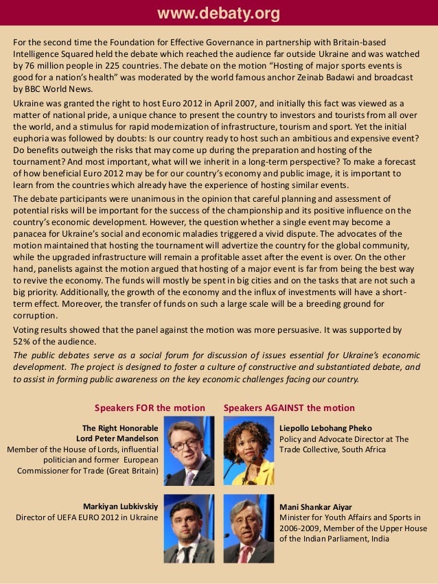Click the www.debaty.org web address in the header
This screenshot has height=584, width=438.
[x=219, y=14]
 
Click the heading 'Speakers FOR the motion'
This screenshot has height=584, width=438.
[x=150, y=408]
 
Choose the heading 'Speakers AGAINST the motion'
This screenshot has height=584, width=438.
[x=289, y=408]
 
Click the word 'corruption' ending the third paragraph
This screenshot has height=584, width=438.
[x=35, y=316]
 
